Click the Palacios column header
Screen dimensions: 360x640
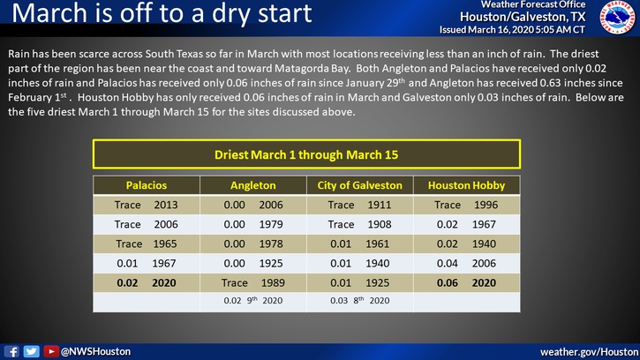146,185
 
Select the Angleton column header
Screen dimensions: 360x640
254,185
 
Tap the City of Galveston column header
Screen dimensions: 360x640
360,185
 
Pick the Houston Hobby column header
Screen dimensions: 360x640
468,185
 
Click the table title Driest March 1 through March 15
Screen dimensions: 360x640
307,154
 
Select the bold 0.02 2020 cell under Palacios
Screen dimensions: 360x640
146,282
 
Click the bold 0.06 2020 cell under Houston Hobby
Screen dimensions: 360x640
468,282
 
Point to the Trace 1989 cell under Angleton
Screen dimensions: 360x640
254,282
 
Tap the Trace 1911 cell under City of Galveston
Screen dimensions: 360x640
360,205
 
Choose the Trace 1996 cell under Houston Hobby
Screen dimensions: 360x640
468,205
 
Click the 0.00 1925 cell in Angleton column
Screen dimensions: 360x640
254,263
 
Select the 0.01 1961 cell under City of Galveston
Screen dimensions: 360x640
360,244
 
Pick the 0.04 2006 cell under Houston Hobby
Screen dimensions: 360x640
468,263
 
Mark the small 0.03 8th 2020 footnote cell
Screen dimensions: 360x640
360,301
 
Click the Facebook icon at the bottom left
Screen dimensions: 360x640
13,351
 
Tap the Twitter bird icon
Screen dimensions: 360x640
31,351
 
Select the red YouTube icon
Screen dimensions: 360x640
51,351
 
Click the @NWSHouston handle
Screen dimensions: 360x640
95,351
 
